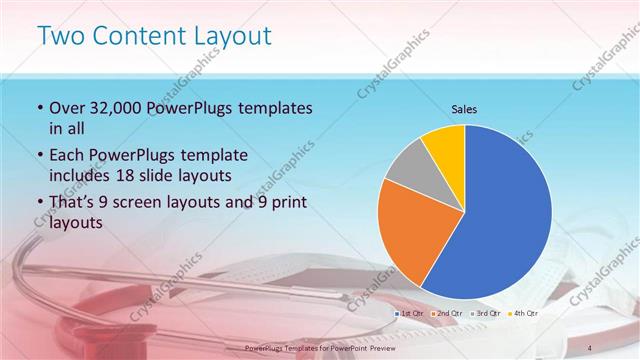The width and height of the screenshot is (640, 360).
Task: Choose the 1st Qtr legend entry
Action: (x=411, y=314)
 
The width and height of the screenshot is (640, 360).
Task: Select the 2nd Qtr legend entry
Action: (x=448, y=314)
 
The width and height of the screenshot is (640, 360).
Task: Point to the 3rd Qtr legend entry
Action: (x=486, y=314)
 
